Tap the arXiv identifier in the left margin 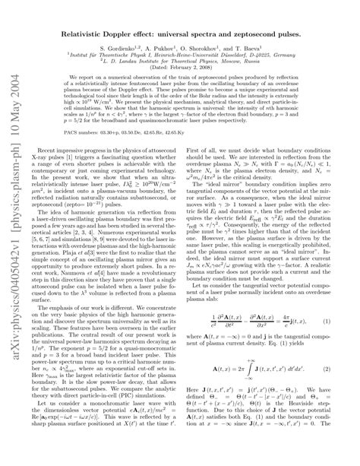tap(17, 334)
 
